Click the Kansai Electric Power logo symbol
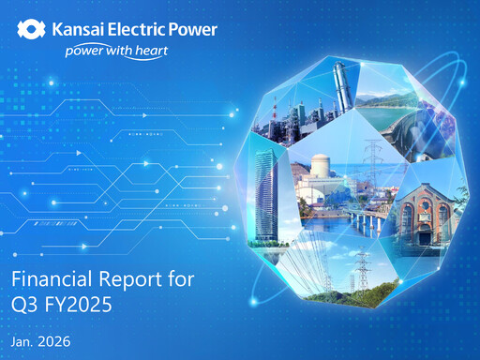tap(30, 30)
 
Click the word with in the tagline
tap(124, 52)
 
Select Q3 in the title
tap(26, 302)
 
